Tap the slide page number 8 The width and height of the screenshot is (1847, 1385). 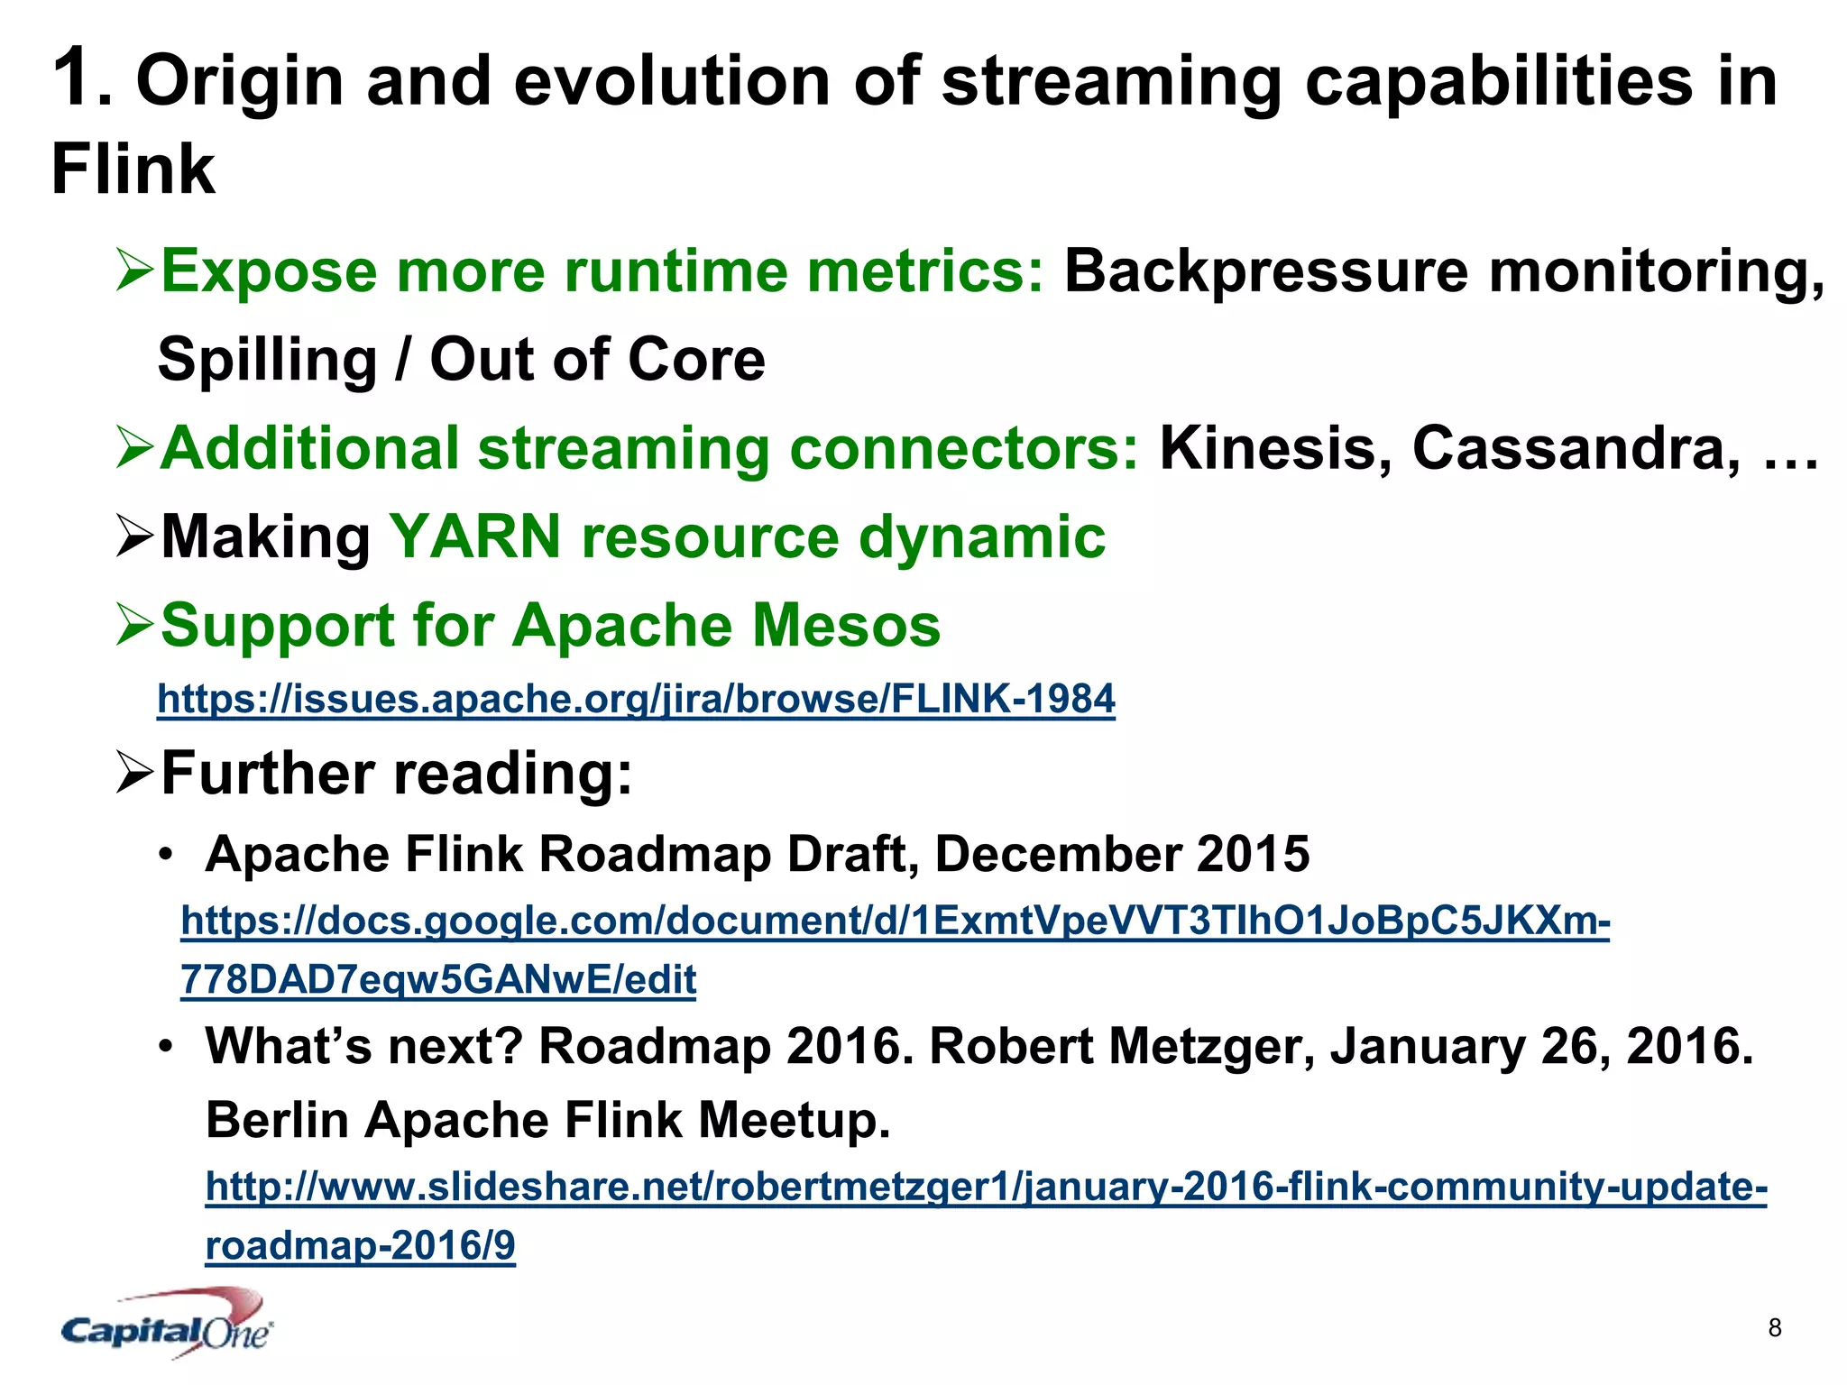[1774, 1327]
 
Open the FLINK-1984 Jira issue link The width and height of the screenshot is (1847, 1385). [636, 699]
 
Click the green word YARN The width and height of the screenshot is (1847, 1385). [475, 537]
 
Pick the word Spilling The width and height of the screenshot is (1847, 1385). [267, 360]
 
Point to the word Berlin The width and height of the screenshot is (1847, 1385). [277, 1121]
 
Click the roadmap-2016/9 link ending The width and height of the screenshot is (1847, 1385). [360, 1246]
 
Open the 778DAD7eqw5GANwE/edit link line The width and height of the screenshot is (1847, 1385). [438, 980]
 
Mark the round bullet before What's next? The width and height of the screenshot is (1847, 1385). [165, 1047]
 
